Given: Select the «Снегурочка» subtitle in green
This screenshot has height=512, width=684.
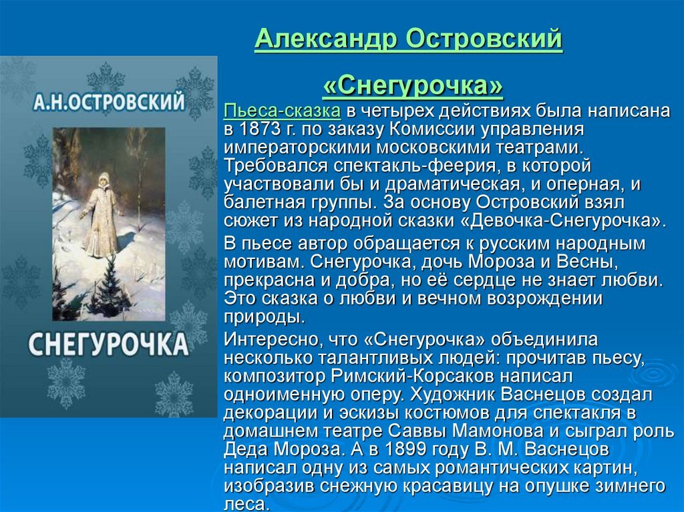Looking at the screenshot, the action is coord(413,85).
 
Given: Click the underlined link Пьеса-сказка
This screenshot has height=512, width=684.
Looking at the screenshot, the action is coord(282,111).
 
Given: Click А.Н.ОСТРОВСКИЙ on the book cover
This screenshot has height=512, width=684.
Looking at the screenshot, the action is coord(109,103).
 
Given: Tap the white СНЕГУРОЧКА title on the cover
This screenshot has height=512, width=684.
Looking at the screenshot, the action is coord(109,344).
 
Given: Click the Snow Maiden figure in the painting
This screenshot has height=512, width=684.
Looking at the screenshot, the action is coord(102,214).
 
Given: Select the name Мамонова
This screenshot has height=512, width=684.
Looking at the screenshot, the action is coord(497,431).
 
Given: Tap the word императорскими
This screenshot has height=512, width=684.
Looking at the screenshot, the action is coord(297,148).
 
